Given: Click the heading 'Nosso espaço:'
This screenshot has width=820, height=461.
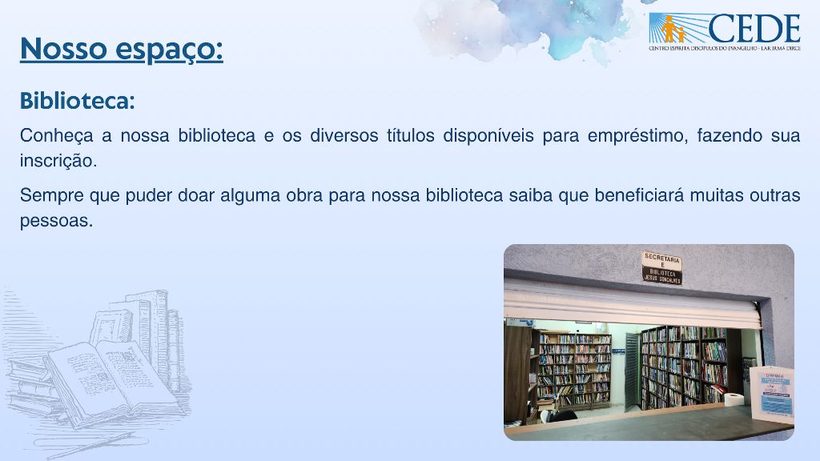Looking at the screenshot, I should tap(121, 49).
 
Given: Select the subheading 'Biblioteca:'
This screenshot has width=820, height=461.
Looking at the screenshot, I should tap(77, 102).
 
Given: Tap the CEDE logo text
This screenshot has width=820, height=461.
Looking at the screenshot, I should tap(753, 29).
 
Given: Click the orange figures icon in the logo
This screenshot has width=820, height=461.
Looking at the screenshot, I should tap(671, 30).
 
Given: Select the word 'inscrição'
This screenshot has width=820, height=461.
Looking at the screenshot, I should tap(57, 161).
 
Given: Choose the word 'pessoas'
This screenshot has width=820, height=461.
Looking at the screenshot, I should tap(55, 221).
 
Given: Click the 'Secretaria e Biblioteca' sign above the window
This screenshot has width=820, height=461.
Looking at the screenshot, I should tap(662, 268).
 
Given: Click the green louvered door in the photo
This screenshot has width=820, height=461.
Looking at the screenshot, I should tap(632, 368).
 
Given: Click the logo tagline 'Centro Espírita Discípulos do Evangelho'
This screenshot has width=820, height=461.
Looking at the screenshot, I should tap(724, 48).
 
